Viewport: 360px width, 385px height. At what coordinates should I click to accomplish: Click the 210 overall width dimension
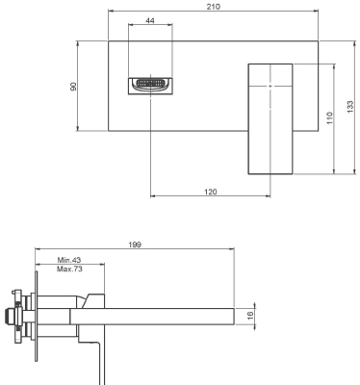[214, 7]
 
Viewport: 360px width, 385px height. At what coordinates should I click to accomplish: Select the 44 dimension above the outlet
[150, 20]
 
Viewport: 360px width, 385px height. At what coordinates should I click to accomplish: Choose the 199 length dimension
[135, 245]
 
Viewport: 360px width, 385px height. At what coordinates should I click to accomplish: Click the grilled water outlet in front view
[149, 86]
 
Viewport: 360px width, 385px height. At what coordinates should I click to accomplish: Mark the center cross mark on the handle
[270, 86]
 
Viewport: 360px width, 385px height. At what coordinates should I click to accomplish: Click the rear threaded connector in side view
[13, 314]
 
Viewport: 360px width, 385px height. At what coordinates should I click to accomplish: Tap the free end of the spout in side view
[231, 314]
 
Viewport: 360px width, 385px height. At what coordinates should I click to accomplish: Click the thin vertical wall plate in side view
[36, 313]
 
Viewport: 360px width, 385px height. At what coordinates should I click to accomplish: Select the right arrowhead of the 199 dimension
[233, 251]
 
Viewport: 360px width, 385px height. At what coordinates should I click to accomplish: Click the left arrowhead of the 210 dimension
[111, 13]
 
